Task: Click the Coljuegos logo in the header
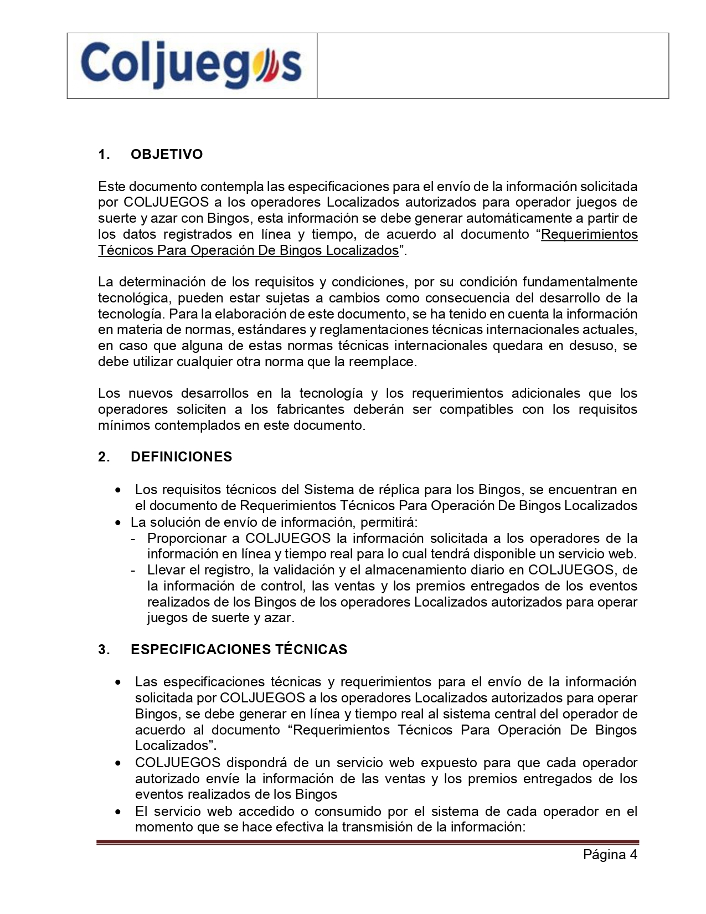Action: (192, 65)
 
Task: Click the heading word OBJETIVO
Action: (167, 155)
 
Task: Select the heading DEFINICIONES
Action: (181, 457)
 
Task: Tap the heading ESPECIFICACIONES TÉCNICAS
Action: (239, 650)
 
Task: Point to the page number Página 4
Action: (610, 854)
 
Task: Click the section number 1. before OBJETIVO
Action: (104, 155)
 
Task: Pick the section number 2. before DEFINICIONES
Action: (104, 457)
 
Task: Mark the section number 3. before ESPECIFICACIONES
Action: (104, 650)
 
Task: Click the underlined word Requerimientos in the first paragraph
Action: (589, 234)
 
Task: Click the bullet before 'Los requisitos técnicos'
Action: (118, 491)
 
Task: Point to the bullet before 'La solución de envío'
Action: (118, 523)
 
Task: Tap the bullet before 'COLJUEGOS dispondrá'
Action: (118, 764)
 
